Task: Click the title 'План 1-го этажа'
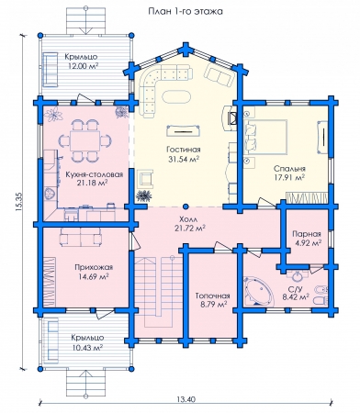click(x=186, y=11)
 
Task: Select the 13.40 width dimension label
click(x=186, y=399)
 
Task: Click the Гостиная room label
click(x=184, y=150)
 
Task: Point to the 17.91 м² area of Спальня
click(x=289, y=177)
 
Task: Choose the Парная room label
click(x=307, y=234)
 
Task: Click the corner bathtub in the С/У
click(x=259, y=291)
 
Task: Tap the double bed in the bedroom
click(x=266, y=137)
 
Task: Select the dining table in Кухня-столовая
click(x=84, y=140)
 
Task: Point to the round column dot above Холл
click(x=186, y=206)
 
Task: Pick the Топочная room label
click(x=212, y=296)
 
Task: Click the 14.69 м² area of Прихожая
click(x=95, y=276)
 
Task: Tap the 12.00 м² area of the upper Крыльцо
click(x=82, y=66)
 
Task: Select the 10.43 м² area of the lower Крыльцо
click(x=87, y=348)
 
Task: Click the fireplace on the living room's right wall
click(x=231, y=118)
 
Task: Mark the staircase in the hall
click(x=159, y=292)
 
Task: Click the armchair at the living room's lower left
click(x=146, y=179)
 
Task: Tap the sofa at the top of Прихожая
click(x=81, y=237)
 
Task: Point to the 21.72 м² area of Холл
click(x=190, y=229)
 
